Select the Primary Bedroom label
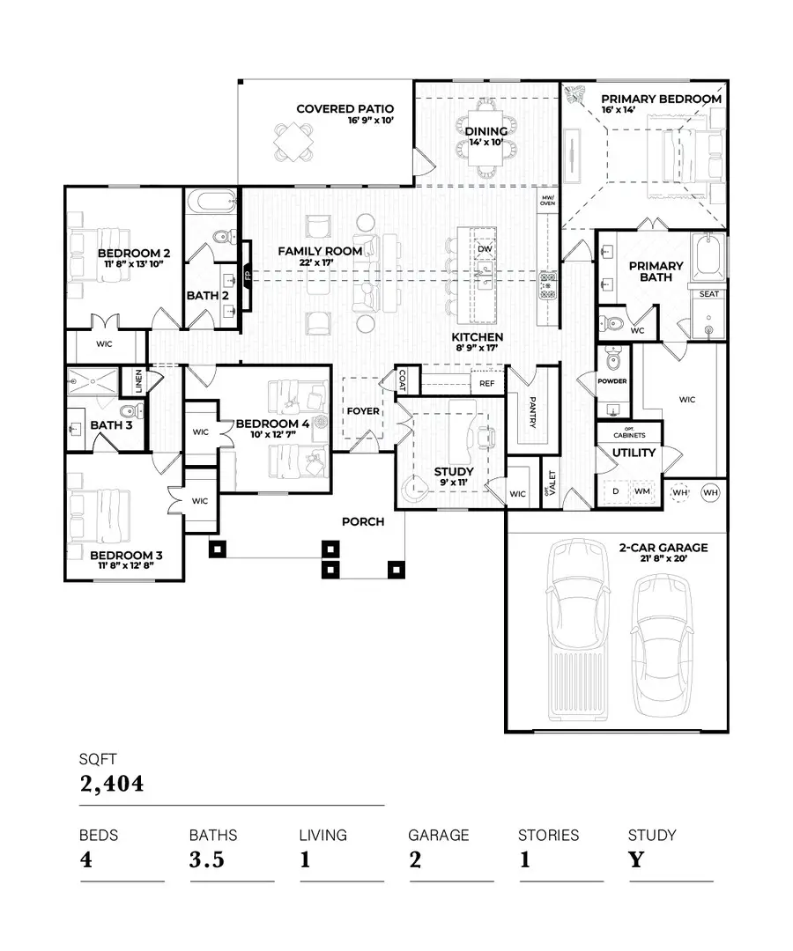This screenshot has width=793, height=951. (x=661, y=100)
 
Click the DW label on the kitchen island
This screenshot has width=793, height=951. (x=484, y=249)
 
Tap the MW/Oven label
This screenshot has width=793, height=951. (x=547, y=200)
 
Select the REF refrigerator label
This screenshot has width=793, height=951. (x=485, y=384)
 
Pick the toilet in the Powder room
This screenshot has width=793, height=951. (x=615, y=360)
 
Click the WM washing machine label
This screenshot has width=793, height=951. (x=641, y=490)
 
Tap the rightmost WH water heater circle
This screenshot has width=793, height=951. (x=709, y=492)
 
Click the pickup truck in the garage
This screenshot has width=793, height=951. (x=579, y=630)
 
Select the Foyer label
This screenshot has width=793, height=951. (x=363, y=411)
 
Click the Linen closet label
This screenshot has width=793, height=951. (x=138, y=380)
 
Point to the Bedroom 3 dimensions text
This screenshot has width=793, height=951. (x=126, y=566)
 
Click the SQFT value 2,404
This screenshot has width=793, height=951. (x=112, y=783)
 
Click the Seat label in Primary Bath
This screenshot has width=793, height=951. (x=708, y=295)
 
